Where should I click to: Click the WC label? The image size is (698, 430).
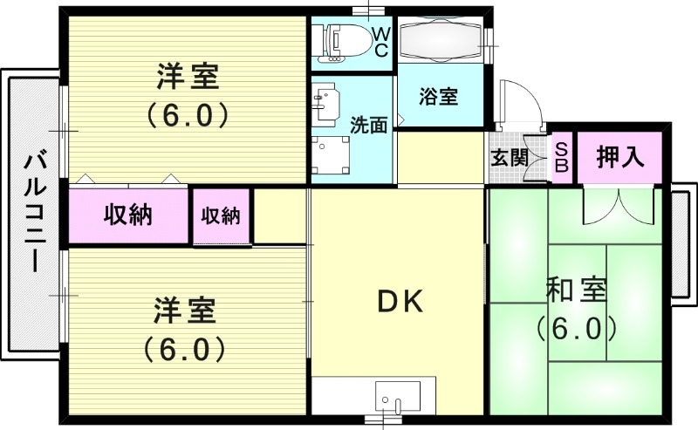point(381,41)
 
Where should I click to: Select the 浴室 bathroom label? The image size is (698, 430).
point(438,97)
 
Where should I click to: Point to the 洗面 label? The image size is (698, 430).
point(368,125)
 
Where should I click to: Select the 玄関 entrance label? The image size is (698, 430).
point(508,158)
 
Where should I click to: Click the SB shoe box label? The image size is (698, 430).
point(562,158)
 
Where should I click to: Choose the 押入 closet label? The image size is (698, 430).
point(620,157)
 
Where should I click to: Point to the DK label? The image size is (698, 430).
point(400,302)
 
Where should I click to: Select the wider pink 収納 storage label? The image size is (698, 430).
point(129,215)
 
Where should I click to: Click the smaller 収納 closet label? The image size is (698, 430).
point(222,215)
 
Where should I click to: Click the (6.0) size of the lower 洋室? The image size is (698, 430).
point(185,349)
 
